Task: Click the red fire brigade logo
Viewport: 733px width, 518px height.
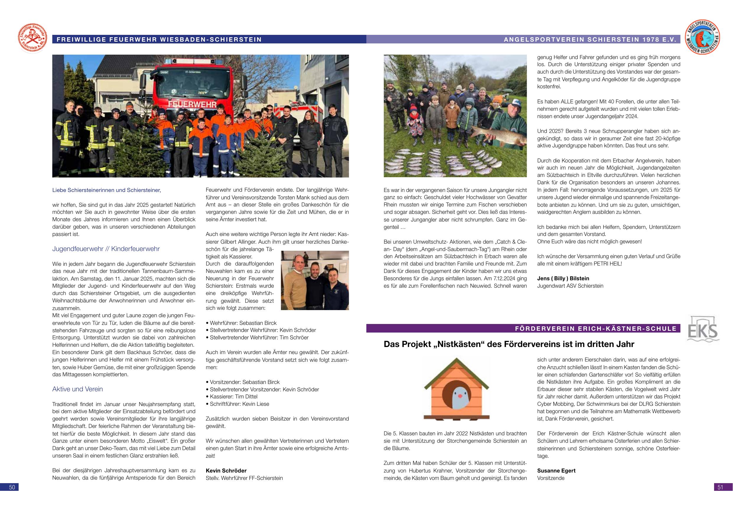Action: [32, 39]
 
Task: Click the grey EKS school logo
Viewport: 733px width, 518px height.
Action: [703, 329]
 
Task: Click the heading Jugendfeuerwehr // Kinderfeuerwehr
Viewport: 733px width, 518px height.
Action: [106, 249]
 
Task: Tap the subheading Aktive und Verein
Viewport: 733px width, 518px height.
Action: [78, 389]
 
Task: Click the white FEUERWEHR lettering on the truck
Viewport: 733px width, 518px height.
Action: [192, 104]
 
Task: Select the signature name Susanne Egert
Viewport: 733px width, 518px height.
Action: [556, 470]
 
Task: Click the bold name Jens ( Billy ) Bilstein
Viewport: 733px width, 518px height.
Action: [563, 278]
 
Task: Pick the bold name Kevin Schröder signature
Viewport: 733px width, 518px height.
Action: [226, 470]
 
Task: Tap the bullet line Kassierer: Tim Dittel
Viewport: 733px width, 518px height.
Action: [233, 396]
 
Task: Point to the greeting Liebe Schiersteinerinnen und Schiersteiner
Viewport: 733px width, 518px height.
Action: [107, 190]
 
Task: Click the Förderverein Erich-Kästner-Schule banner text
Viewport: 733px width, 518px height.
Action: [596, 328]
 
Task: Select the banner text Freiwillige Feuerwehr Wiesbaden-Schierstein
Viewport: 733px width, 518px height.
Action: [159, 40]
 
